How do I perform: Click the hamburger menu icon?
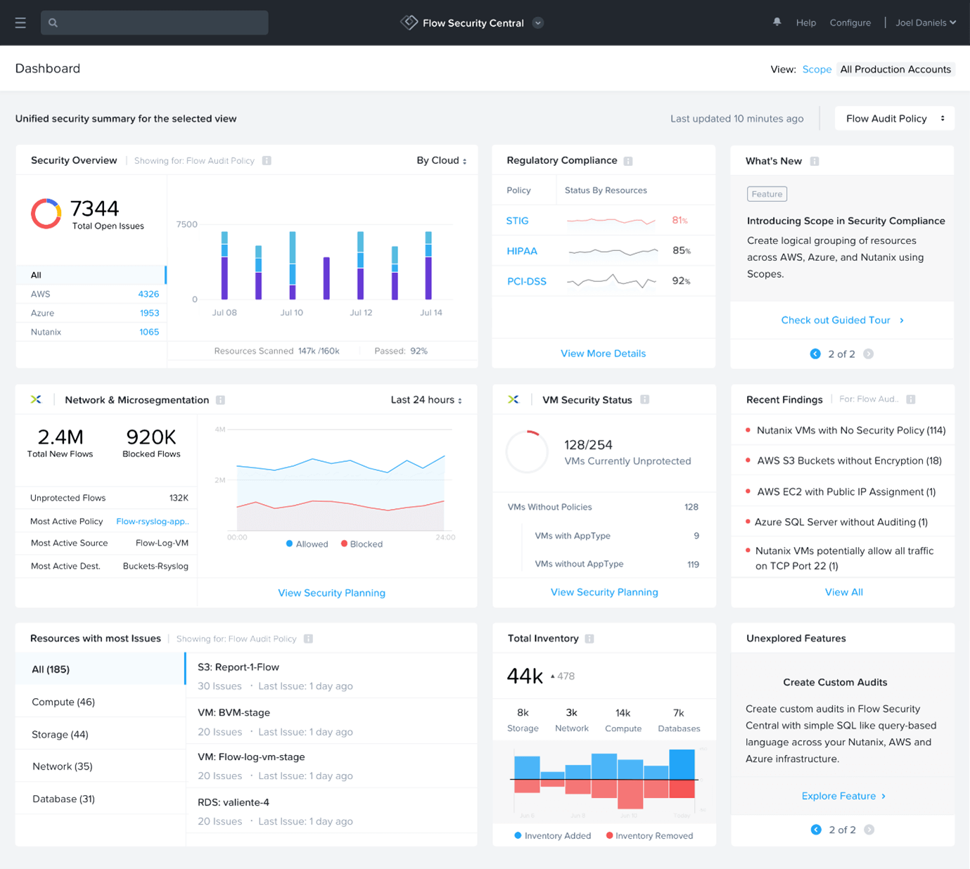tap(20, 23)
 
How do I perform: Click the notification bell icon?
tap(777, 22)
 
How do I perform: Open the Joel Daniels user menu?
tap(925, 22)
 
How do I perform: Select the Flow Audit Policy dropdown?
tap(894, 119)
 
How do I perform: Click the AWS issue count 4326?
tap(148, 294)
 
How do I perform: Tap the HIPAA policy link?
tap(522, 251)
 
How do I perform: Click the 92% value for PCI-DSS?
tap(681, 281)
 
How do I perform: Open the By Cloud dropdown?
tap(441, 160)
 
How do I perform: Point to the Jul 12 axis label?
tap(361, 313)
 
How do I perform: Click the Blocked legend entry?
tap(362, 544)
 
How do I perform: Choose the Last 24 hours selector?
tap(426, 400)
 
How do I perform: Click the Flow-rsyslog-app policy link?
tap(153, 522)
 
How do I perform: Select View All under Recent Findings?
tap(843, 592)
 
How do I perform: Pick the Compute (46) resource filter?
tap(63, 702)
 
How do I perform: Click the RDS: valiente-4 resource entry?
tap(234, 802)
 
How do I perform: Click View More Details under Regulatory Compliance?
tap(603, 354)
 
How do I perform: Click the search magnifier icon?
tap(53, 23)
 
